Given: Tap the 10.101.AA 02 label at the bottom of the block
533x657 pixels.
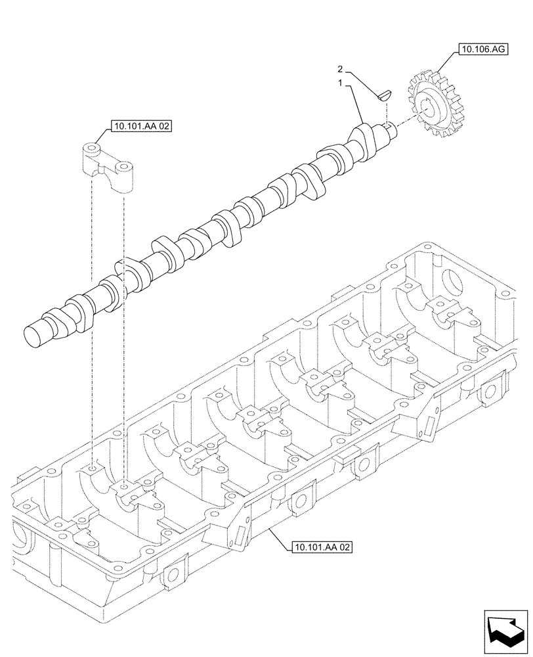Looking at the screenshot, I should tap(320, 545).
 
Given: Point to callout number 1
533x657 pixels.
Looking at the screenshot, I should tap(341, 83).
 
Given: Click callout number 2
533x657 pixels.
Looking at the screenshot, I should tap(341, 68).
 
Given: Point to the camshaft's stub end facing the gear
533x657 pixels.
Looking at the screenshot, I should tap(391, 129).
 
